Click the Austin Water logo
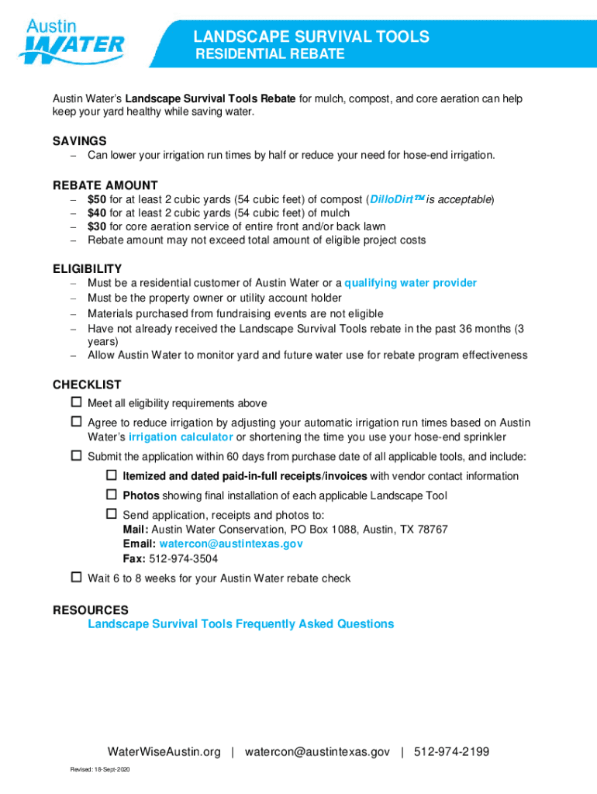click(71, 40)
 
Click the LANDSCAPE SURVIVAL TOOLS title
click(311, 36)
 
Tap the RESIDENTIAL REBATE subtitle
click(269, 55)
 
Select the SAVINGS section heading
click(79, 141)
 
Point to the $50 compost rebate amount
click(97, 199)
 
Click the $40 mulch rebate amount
click(97, 213)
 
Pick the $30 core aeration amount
click(97, 226)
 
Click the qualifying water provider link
click(410, 283)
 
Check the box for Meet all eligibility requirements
click(76, 402)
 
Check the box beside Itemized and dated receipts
click(111, 475)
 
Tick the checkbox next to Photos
click(111, 494)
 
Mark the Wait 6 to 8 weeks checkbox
click(76, 577)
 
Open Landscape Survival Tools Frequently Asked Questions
click(240, 624)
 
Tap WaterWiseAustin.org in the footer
click(164, 752)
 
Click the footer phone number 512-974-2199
click(451, 752)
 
